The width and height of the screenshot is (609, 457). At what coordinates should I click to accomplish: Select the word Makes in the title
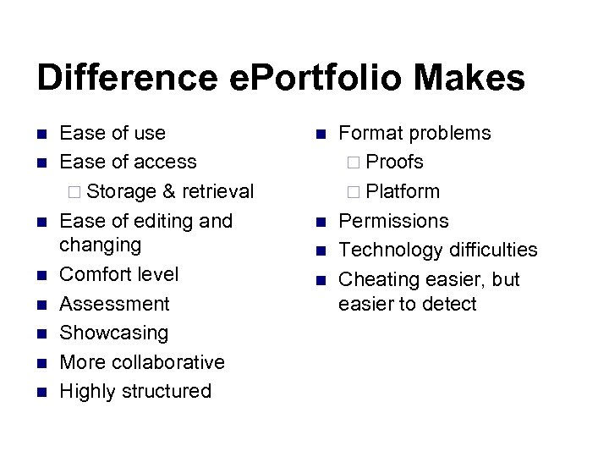click(479, 79)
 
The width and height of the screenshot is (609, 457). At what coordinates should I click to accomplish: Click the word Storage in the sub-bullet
click(121, 191)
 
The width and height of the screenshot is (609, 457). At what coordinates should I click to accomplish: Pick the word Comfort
click(96, 274)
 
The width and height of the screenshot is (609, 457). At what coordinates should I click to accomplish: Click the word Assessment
click(115, 303)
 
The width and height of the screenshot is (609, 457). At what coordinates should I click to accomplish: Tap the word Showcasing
click(114, 333)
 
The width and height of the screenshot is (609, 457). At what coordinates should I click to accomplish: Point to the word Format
click(370, 133)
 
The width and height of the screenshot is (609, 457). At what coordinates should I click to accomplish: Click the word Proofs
click(395, 162)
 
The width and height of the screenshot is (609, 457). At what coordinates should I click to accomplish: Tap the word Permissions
click(393, 220)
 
